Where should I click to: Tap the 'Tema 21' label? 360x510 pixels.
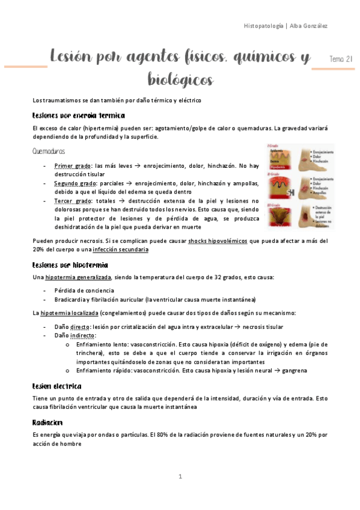(341, 58)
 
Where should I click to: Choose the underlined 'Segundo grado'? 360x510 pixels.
(76, 183)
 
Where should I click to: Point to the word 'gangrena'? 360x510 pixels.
(293, 370)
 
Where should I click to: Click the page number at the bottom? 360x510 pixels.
(180, 476)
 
